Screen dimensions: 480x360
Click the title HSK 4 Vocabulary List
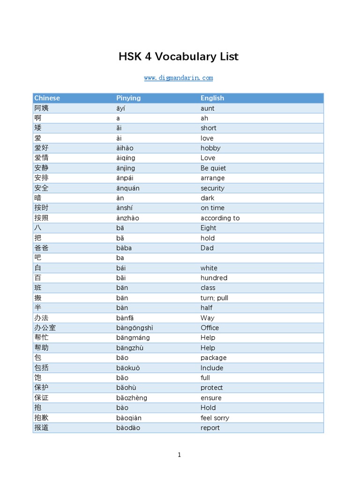coord(179,57)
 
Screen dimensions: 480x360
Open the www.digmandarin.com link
coord(179,78)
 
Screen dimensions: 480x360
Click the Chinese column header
coord(47,98)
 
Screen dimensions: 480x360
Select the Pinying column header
coord(128,98)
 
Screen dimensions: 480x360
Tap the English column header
coord(212,98)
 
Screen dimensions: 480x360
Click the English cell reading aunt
coord(208,108)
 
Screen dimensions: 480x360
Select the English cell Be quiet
coord(213,168)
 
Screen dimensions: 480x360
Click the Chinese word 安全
coord(41,188)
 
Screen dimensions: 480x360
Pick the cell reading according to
coord(220,218)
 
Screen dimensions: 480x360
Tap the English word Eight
coord(209,228)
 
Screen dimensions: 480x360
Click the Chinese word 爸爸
coord(41,248)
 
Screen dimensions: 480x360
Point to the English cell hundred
coord(214,278)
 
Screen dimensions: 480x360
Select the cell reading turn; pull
coord(214,298)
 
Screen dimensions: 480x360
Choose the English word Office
coord(210,328)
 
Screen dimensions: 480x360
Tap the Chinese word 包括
coord(41,368)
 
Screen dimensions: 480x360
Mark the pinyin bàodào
coord(128,428)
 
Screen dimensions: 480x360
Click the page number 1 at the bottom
coord(179,455)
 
